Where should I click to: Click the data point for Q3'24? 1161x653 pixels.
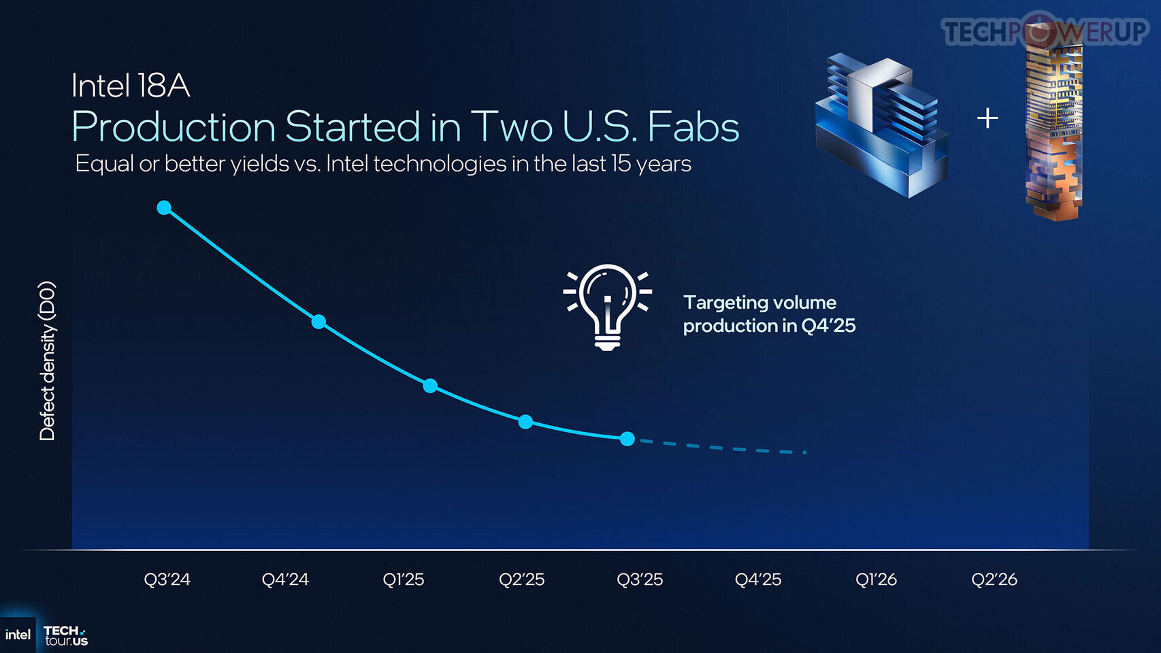point(164,208)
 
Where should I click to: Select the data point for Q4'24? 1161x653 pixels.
point(318,322)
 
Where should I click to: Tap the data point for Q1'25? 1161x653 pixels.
point(430,386)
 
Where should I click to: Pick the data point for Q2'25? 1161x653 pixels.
point(525,422)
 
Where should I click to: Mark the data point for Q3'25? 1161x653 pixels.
point(627,439)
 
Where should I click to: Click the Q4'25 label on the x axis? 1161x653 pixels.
point(757,579)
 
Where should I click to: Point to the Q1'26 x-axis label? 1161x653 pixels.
point(876,579)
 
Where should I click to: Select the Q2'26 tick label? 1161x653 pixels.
point(994,579)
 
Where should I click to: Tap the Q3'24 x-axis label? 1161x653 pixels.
point(167,579)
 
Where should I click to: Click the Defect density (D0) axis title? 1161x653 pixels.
point(47,361)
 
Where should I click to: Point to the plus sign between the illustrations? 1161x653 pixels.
point(987,118)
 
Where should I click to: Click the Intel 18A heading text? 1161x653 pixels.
point(131,85)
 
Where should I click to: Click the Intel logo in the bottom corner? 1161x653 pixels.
point(18,635)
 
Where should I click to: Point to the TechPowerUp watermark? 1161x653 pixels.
point(1045,30)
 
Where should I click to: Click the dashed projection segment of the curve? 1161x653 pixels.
point(723,447)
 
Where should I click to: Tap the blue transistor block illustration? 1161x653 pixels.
point(881,126)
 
